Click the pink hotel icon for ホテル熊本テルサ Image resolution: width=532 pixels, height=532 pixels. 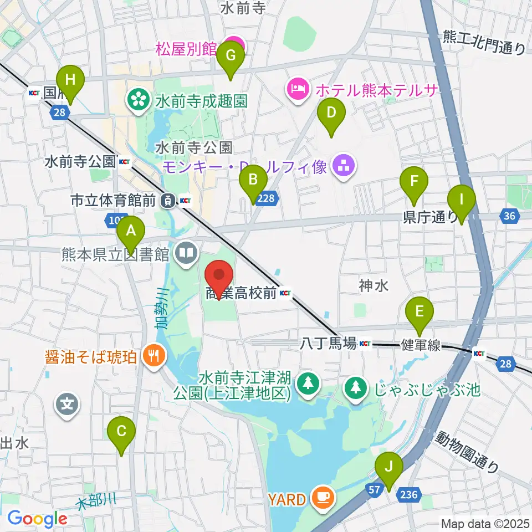point(297,89)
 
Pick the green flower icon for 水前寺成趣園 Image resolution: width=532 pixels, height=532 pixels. point(137,100)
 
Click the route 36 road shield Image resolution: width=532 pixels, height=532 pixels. point(510,216)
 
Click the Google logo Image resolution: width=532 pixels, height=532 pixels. point(37,519)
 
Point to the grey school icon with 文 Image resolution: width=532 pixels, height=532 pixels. point(68,405)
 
